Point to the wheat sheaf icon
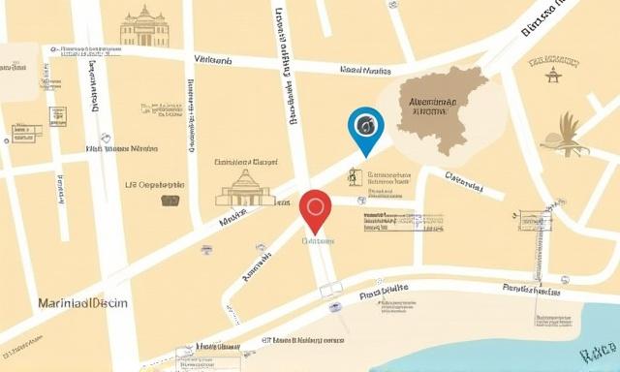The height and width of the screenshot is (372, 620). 568,135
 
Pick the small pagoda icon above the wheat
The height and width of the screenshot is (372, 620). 554,74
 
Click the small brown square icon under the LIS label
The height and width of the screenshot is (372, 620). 170,201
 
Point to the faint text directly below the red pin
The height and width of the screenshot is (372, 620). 318,240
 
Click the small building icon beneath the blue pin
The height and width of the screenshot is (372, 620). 355,177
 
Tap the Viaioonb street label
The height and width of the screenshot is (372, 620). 212,60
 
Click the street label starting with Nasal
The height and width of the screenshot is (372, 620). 365,70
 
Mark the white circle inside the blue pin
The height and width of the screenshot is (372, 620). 366,123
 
